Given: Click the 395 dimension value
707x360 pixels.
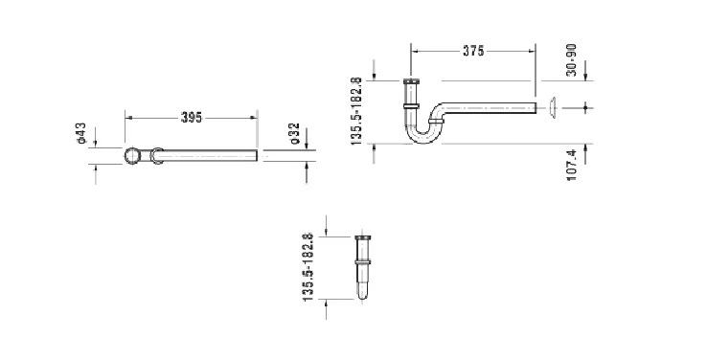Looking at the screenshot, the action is click(192, 118).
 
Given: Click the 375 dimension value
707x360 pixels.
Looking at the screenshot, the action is click(473, 51).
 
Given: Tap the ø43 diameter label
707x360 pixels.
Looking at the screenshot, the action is click(81, 133).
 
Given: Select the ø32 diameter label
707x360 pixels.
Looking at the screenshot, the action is click(295, 133).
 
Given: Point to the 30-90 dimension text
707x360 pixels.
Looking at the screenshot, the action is click(572, 60).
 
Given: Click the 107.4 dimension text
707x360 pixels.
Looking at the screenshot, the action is click(572, 166).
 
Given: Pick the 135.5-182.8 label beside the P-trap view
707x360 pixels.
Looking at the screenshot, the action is click(356, 111).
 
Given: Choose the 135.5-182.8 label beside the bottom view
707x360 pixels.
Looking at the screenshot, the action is click(308, 267).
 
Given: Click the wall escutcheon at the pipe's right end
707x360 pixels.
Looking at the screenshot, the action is click(554, 107).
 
